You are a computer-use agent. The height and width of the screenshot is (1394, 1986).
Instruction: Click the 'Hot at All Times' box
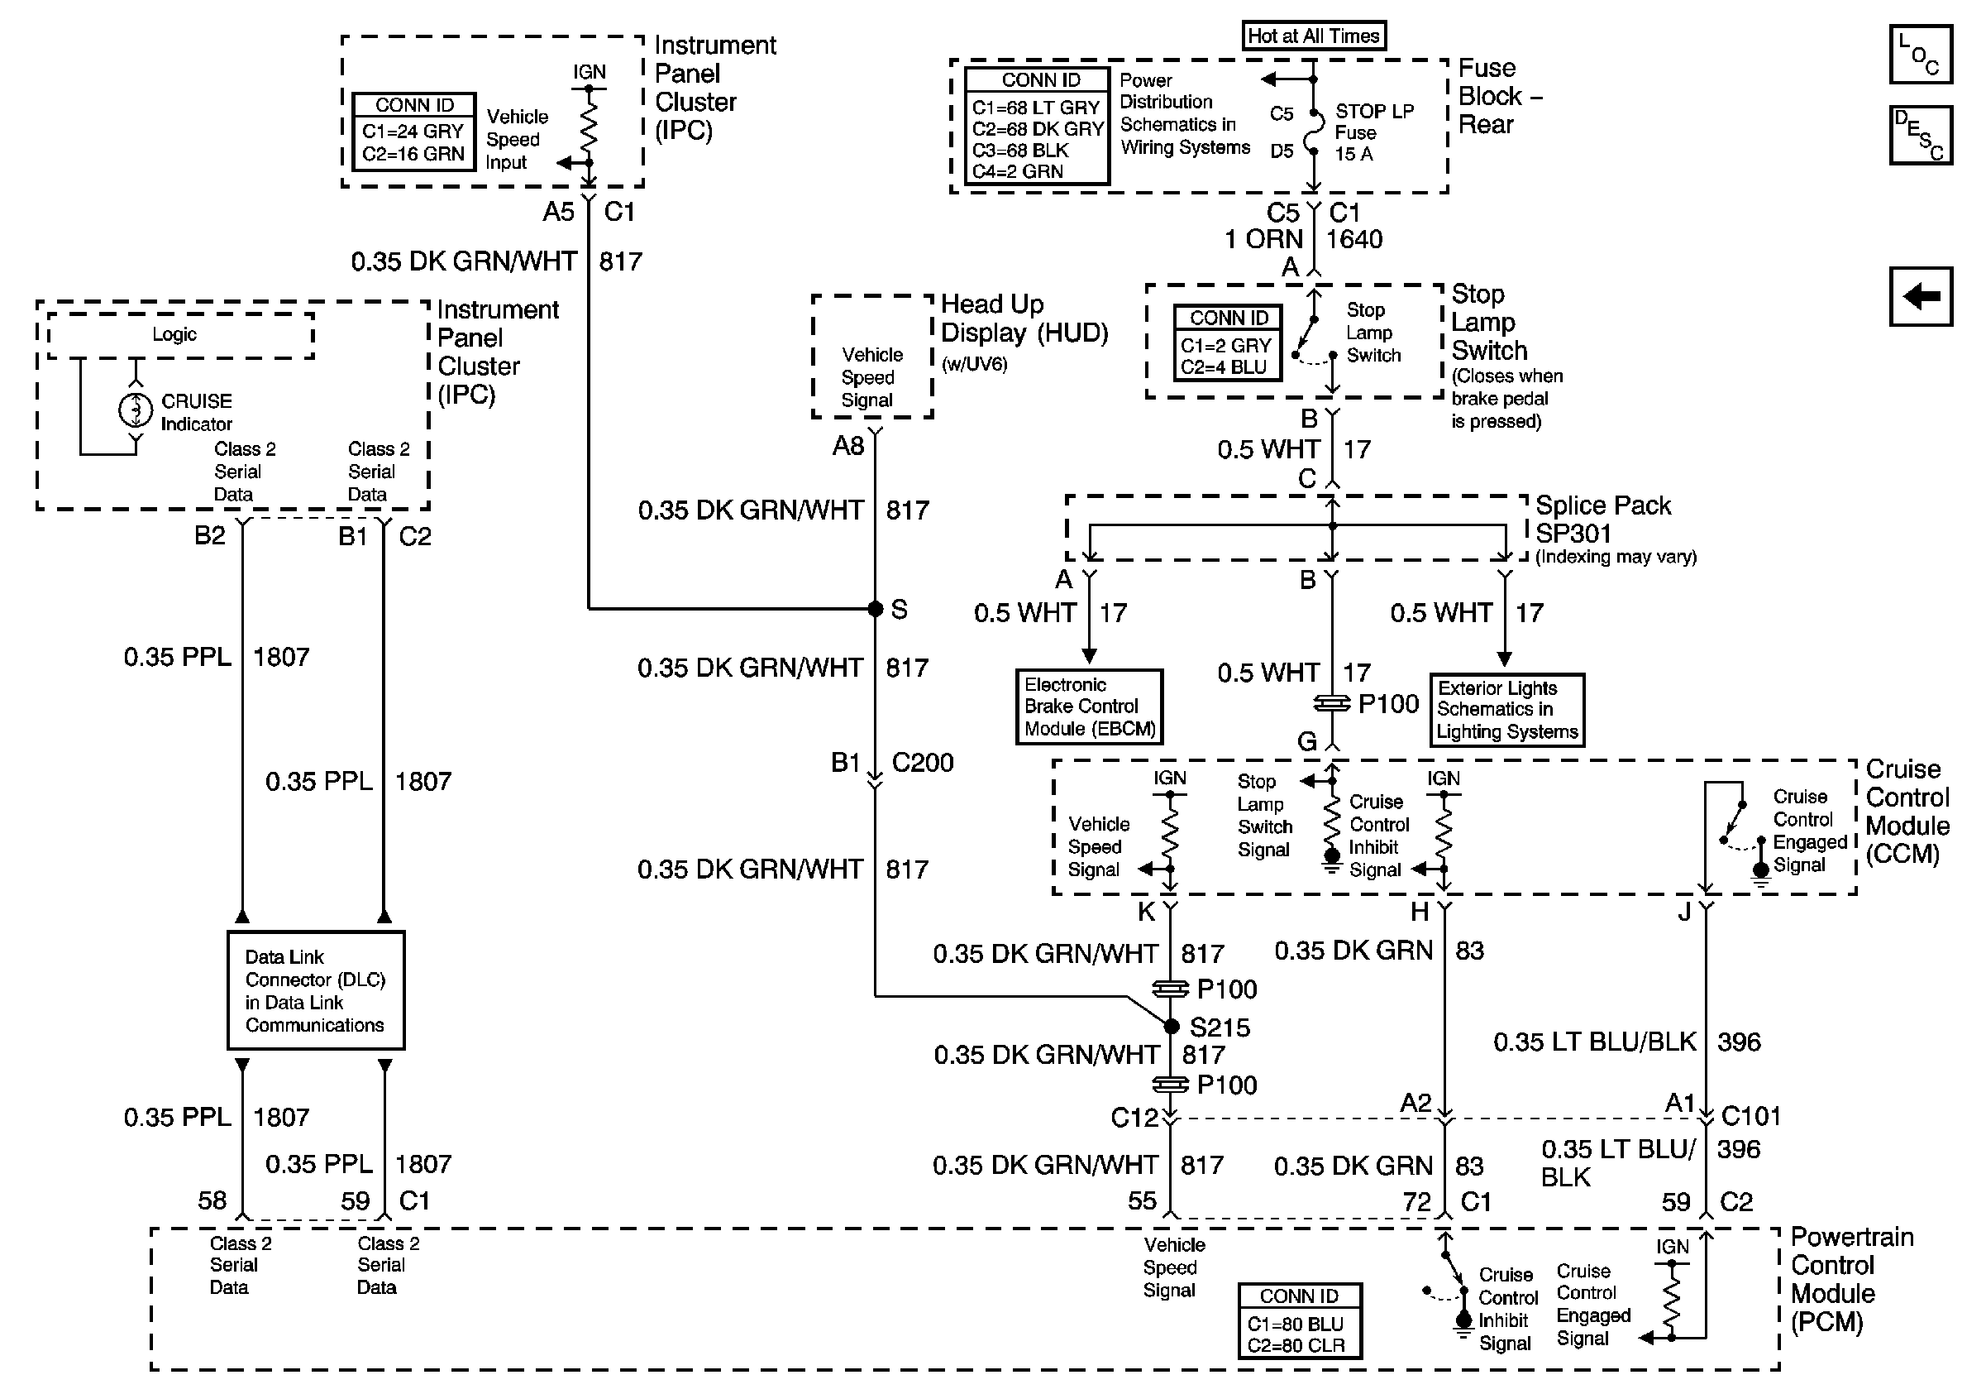[x=1313, y=36]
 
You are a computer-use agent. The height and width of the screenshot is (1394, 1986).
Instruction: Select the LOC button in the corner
[x=1919, y=55]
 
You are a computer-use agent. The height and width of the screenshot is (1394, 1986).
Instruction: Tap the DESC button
[x=1919, y=135]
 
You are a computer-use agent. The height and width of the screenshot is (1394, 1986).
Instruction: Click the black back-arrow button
[x=1920, y=297]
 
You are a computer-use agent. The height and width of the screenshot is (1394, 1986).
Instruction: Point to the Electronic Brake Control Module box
[x=1089, y=706]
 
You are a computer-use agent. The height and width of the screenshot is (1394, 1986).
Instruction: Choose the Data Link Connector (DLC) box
[x=316, y=990]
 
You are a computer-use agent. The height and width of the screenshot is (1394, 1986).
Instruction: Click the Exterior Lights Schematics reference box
[x=1506, y=710]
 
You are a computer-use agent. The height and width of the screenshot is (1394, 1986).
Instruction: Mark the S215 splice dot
[x=1172, y=1026]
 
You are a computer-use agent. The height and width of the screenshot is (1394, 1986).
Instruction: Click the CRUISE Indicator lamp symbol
[x=135, y=410]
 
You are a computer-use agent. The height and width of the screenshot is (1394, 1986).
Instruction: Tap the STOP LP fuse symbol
[x=1313, y=132]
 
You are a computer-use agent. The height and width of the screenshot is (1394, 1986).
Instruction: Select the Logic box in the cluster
[x=180, y=335]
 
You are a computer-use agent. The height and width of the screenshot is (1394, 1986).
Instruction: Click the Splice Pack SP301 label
[x=1602, y=520]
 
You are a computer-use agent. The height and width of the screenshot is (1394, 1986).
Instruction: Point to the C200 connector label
[x=922, y=762]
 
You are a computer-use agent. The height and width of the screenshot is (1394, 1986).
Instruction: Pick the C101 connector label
[x=1750, y=1115]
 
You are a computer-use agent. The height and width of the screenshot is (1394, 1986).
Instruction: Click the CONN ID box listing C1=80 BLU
[x=1299, y=1320]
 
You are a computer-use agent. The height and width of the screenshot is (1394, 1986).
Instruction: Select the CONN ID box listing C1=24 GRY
[x=414, y=132]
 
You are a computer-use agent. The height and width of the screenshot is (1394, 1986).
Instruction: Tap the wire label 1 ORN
[x=1263, y=239]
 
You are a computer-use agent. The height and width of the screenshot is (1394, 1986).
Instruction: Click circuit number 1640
[x=1353, y=239]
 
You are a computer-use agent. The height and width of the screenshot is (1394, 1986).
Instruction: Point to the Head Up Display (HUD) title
[x=1024, y=319]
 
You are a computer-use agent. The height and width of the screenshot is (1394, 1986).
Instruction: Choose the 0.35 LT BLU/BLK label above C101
[x=1594, y=1042]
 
